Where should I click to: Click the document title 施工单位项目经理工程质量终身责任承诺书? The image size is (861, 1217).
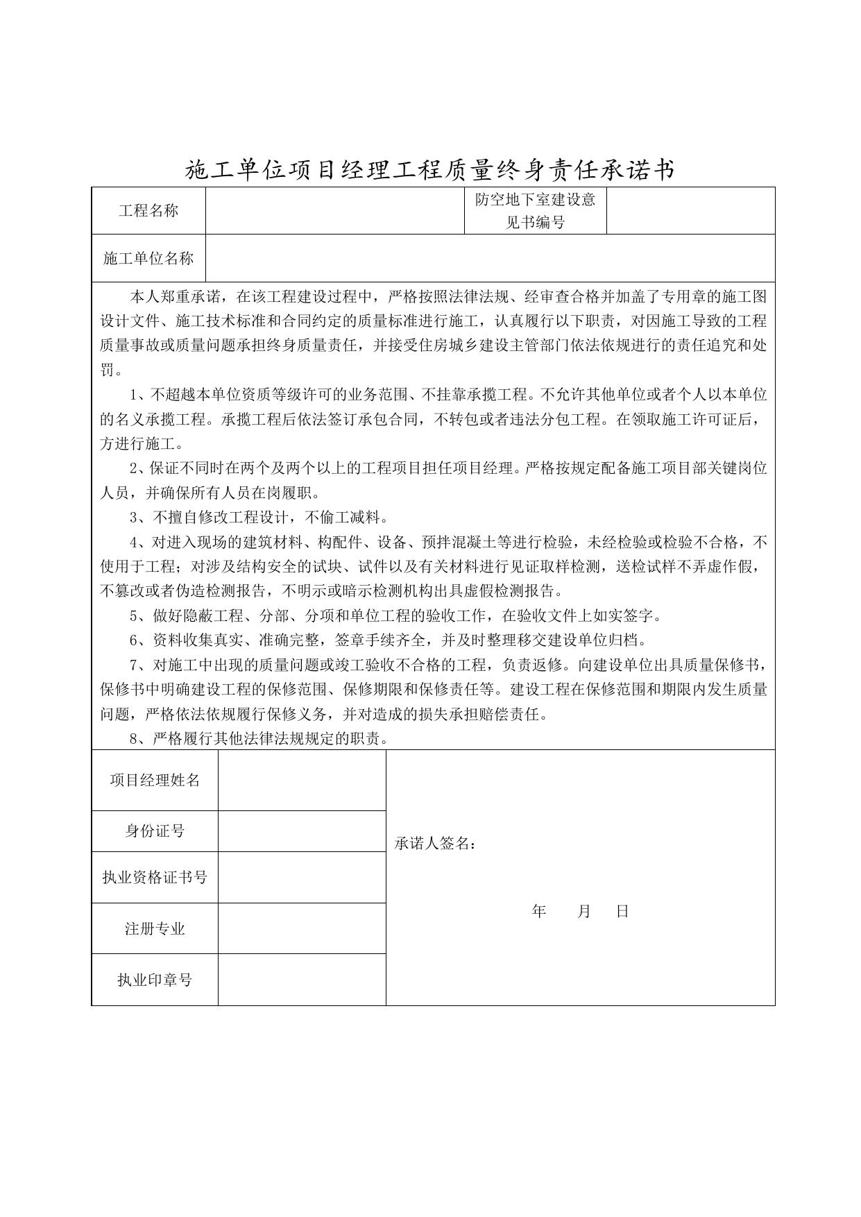click(x=429, y=169)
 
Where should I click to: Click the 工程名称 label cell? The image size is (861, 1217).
click(x=148, y=211)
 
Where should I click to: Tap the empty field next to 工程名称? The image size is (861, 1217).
click(x=334, y=211)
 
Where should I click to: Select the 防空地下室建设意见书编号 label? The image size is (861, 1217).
click(x=535, y=211)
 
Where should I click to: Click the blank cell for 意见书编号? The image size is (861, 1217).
click(x=690, y=211)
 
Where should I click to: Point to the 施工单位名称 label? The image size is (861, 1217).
click(x=148, y=259)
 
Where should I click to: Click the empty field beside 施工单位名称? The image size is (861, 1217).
click(x=490, y=259)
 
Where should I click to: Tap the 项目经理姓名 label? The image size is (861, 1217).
click(x=155, y=781)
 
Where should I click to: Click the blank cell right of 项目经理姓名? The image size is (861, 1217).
click(x=302, y=781)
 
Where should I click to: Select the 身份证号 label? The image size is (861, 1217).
click(x=155, y=831)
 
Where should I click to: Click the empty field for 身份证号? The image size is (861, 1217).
click(x=302, y=831)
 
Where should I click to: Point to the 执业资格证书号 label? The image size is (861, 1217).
click(x=155, y=878)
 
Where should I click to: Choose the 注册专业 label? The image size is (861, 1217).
click(x=155, y=929)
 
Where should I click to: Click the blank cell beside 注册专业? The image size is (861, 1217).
click(x=302, y=929)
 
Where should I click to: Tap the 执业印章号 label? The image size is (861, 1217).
click(x=155, y=980)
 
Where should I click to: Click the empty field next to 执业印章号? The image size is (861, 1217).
click(x=302, y=980)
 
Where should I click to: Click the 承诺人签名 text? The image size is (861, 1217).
click(x=435, y=844)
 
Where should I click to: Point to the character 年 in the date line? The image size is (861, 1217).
click(x=539, y=912)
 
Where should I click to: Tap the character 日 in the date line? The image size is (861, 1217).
click(x=622, y=912)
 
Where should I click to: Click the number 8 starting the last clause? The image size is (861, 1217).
click(x=134, y=739)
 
